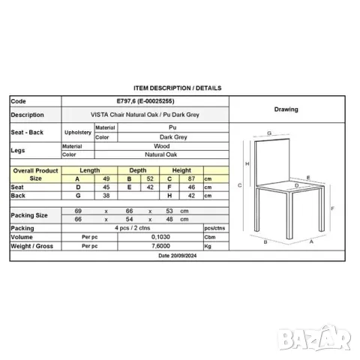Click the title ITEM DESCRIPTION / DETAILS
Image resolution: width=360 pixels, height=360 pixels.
(x=178, y=88)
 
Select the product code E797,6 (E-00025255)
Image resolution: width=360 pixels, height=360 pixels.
(x=145, y=101)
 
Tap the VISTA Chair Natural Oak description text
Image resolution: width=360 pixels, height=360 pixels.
(x=145, y=115)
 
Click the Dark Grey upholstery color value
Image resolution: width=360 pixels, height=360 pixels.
(x=173, y=137)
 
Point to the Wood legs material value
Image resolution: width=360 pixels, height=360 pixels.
(x=162, y=146)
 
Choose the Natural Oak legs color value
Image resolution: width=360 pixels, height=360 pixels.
(x=161, y=154)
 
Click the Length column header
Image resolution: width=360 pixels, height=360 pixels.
(x=90, y=170)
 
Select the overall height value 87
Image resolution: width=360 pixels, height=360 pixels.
(x=191, y=178)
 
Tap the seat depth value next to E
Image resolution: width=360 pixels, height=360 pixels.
(x=150, y=187)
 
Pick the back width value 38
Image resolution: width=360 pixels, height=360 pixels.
(x=106, y=196)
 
